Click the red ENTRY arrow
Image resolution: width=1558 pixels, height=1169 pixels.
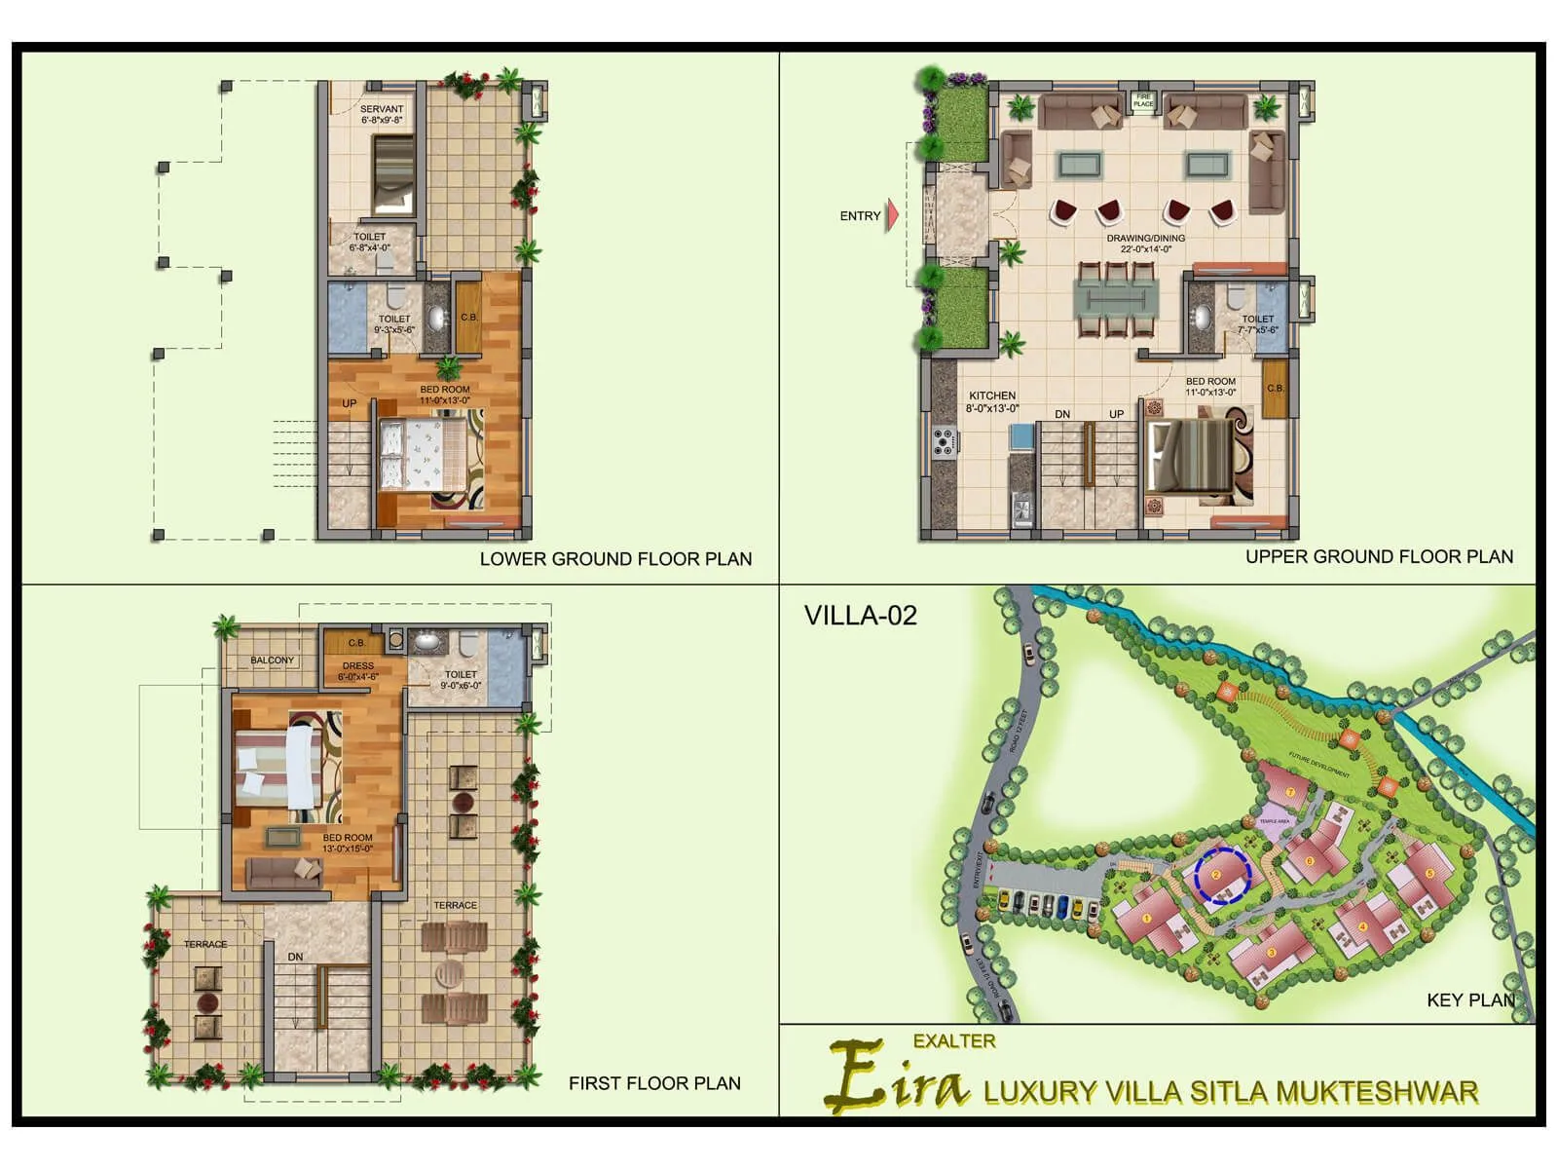[x=891, y=215]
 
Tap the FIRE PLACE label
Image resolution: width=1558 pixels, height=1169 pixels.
[x=1143, y=100]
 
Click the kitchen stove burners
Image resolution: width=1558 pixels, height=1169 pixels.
[x=944, y=441]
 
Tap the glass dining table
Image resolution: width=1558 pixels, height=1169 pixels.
[x=1116, y=299]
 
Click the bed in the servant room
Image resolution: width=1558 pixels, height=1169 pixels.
[x=393, y=174]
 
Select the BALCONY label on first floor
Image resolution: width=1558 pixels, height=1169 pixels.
[x=272, y=660]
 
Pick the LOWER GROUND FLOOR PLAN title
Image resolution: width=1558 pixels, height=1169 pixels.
[x=615, y=559]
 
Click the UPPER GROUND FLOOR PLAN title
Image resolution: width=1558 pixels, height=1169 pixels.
[x=1379, y=556]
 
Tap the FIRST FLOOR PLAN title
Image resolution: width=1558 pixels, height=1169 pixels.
[x=654, y=1083]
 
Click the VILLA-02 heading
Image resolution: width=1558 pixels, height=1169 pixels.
[x=861, y=616]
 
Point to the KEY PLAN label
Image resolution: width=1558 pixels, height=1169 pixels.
[x=1470, y=1000]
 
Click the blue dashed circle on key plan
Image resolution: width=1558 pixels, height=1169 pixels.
[x=1223, y=875]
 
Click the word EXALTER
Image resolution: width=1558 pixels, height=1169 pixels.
[x=954, y=1041]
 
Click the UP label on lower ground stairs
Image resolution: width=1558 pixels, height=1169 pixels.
[x=350, y=403]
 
